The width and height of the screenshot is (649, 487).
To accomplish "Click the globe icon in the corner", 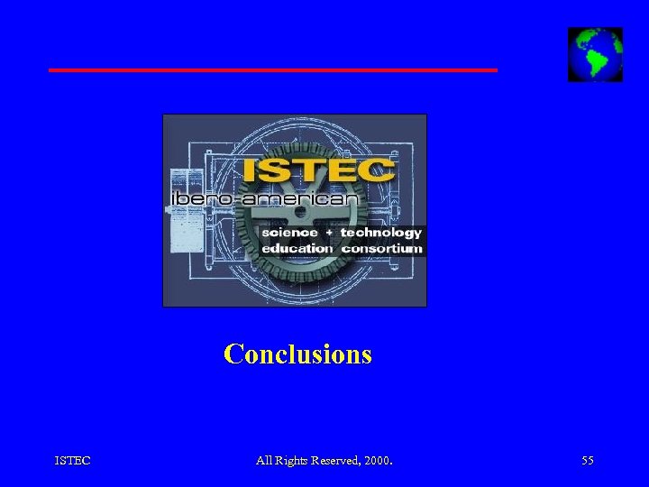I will click(595, 55).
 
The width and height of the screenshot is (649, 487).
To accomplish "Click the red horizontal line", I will click(272, 69).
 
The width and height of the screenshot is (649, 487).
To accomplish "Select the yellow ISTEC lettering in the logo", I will click(318, 171).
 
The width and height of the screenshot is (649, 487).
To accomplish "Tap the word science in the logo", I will click(289, 233).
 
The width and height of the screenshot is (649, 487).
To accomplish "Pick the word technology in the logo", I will click(380, 233).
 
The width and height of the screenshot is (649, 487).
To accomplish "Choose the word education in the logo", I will click(297, 248).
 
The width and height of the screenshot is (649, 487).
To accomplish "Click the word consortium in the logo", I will click(381, 248).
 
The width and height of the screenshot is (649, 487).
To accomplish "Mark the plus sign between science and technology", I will click(329, 233).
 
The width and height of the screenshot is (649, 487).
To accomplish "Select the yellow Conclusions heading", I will click(297, 354).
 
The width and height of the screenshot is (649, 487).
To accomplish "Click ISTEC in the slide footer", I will click(72, 461).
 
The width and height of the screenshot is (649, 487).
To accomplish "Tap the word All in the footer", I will click(263, 461).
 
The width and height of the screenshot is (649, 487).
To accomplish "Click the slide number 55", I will click(588, 461).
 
